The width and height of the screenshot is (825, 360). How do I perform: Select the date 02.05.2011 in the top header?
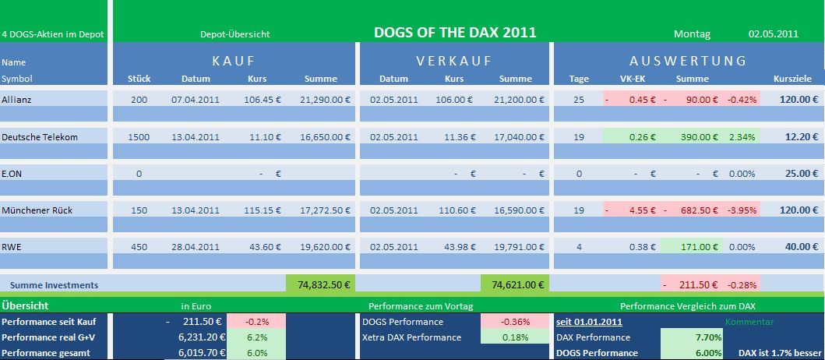[x=773, y=34]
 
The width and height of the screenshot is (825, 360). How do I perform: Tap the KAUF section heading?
[x=234, y=60]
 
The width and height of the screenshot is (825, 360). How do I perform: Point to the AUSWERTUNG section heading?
[x=688, y=60]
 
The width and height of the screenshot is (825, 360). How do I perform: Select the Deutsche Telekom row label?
[x=40, y=136]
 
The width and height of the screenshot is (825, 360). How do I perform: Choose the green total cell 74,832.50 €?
[x=320, y=284]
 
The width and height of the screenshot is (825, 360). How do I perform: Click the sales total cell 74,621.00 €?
[x=515, y=284]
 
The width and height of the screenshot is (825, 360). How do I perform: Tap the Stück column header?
[x=139, y=79]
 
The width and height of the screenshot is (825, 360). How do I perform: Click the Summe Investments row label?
[x=54, y=285]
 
